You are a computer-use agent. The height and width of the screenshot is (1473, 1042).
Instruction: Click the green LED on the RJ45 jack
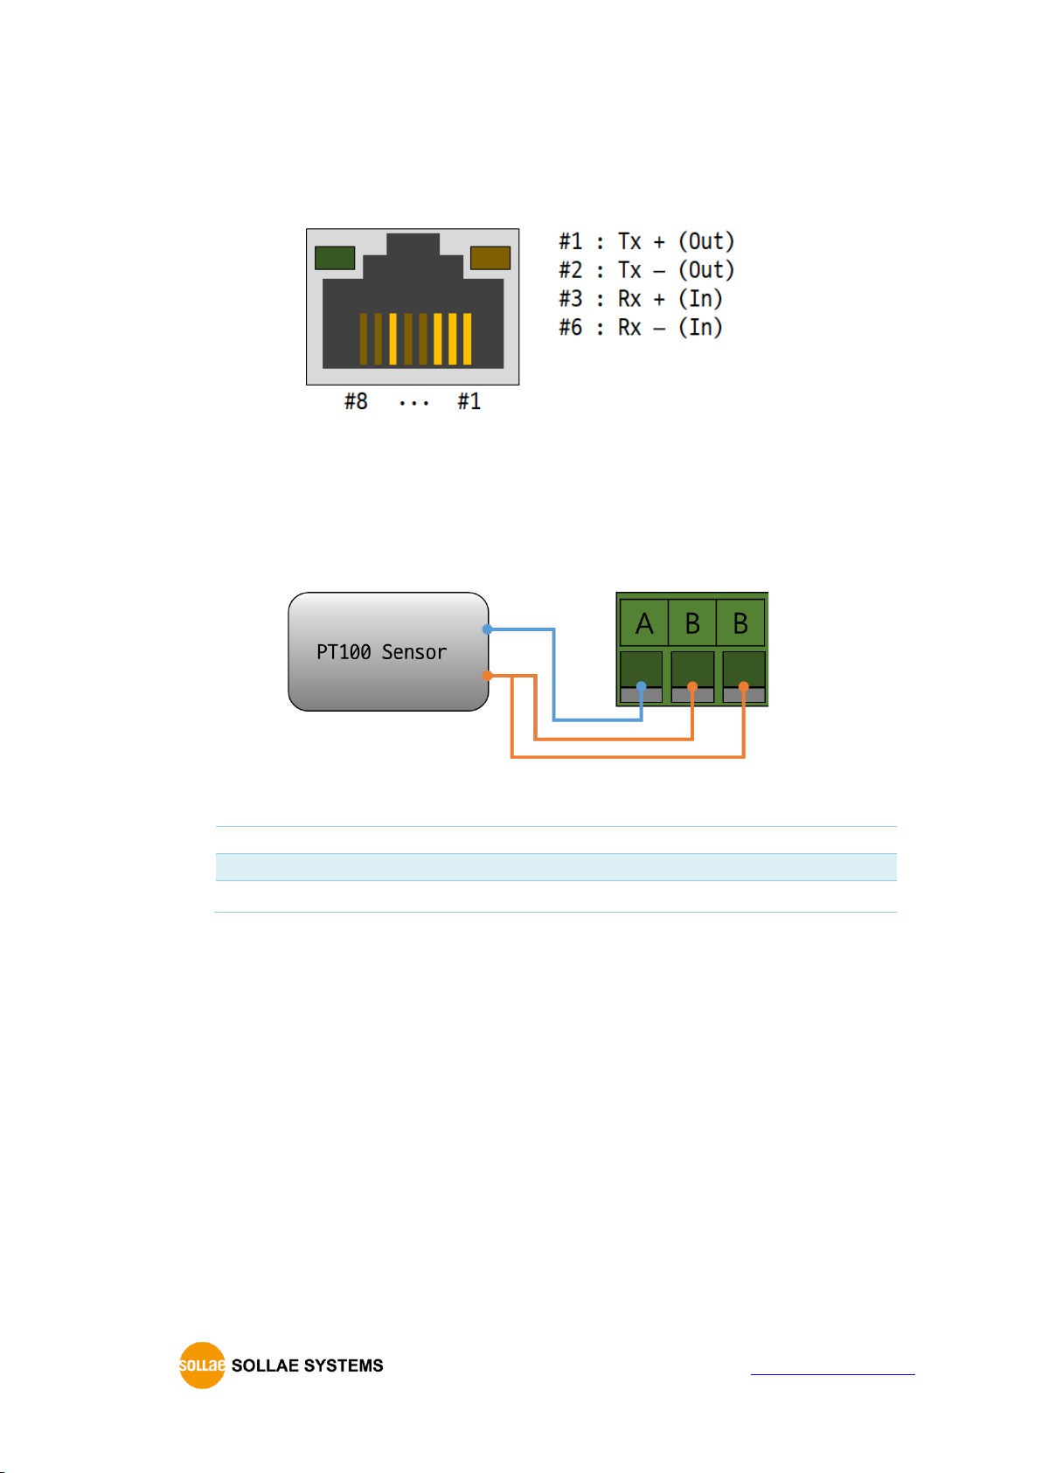tap(335, 258)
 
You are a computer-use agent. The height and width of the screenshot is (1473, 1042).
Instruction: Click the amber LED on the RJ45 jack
tap(490, 258)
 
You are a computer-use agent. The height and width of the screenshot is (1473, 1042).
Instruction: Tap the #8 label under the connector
tap(357, 401)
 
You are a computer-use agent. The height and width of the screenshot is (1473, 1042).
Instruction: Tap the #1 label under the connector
tap(469, 401)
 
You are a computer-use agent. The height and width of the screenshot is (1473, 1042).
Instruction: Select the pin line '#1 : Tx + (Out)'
tap(647, 241)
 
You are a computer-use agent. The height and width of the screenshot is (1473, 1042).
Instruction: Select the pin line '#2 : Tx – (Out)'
tap(647, 270)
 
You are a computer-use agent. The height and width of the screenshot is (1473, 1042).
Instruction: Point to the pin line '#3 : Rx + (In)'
tap(641, 299)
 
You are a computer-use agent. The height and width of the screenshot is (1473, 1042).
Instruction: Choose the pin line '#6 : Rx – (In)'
tap(641, 328)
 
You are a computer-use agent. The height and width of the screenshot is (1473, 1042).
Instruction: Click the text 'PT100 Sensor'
tap(381, 652)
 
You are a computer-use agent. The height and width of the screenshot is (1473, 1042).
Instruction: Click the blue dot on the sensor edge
tap(487, 629)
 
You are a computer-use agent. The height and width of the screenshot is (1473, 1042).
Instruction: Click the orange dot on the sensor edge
tap(487, 676)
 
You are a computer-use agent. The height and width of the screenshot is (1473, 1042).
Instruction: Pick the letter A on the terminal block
tap(644, 623)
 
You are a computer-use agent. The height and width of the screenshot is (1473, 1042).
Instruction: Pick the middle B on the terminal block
tap(692, 623)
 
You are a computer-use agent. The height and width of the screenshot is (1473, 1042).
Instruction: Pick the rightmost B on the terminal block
tap(740, 623)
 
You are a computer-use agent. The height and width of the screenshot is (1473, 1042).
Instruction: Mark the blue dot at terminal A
tap(641, 686)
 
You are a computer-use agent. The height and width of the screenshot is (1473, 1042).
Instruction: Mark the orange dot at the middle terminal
tap(692, 686)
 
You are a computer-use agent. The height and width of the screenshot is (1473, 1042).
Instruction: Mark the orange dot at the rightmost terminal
tap(744, 686)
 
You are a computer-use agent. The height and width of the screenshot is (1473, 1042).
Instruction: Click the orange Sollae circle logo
tap(202, 1365)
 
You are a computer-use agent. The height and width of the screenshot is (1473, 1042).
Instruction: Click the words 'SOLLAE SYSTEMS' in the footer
tap(307, 1365)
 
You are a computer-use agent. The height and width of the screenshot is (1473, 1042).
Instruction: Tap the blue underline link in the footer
tap(832, 1373)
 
